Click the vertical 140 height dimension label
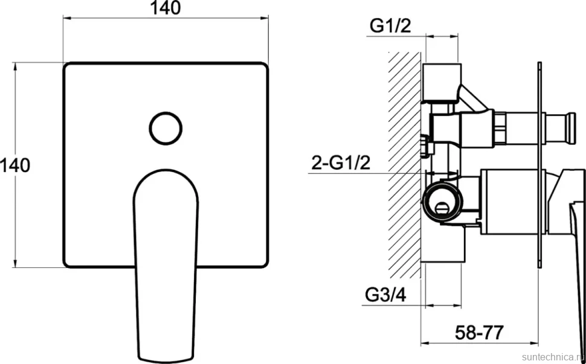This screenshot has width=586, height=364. pos(15,165)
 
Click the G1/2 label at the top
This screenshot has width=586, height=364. pos(390,26)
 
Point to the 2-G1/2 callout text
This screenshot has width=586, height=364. pos(341,163)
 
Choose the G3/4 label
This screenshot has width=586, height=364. pos(385,295)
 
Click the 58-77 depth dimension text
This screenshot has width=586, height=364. pos(480,332)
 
